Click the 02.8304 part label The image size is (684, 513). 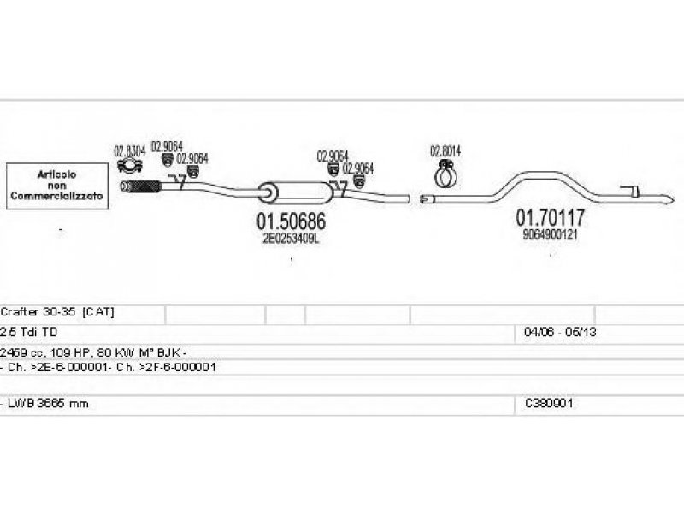pyautogui.click(x=128, y=150)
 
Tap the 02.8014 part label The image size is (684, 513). pyautogui.click(x=445, y=152)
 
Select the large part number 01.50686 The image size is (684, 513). pyautogui.click(x=292, y=222)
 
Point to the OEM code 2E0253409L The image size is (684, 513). pyautogui.click(x=291, y=239)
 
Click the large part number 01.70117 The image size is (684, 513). pyautogui.click(x=550, y=218)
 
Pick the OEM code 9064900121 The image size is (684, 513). pyautogui.click(x=550, y=234)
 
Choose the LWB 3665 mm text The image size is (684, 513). pyautogui.click(x=48, y=402)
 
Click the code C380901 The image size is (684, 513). pyautogui.click(x=550, y=402)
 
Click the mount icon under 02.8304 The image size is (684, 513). pyautogui.click(x=128, y=166)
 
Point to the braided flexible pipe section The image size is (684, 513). pyautogui.click(x=144, y=187)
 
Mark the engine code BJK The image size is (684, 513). pyautogui.click(x=172, y=351)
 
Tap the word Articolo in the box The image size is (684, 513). pyautogui.click(x=56, y=175)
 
